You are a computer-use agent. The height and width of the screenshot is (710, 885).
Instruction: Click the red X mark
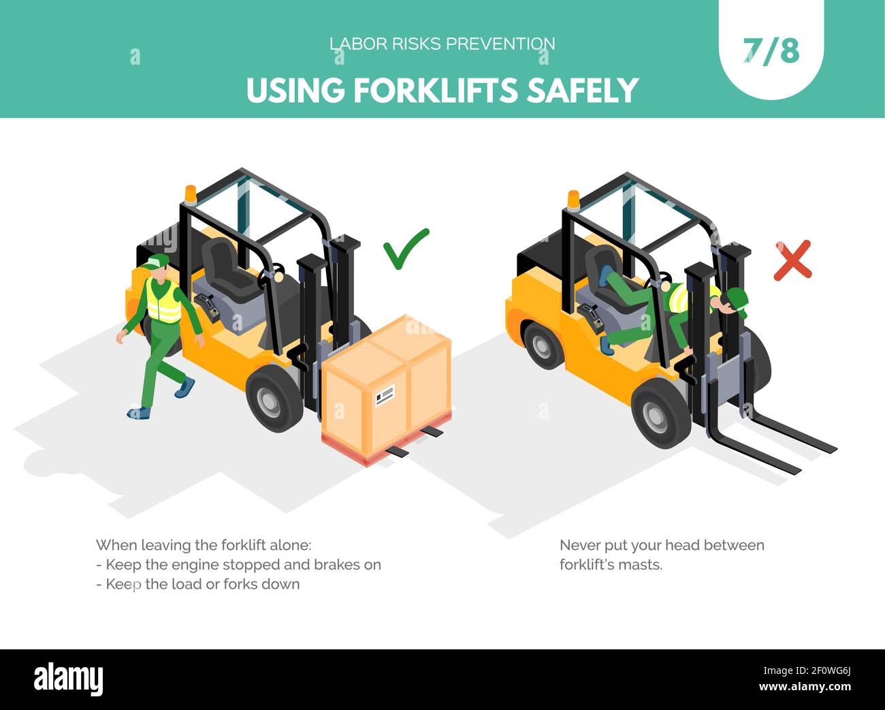792,260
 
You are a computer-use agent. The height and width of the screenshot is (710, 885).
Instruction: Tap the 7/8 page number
771,52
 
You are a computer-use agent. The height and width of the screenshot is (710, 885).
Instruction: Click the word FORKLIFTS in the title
435,91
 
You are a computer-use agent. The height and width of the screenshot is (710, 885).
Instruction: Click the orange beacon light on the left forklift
191,194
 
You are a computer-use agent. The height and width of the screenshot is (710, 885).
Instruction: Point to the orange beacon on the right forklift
573,200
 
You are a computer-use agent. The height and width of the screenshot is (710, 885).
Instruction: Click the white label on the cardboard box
385,395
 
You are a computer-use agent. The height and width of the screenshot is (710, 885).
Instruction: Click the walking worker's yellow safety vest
163,300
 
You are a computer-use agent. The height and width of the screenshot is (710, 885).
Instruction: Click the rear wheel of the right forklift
542,345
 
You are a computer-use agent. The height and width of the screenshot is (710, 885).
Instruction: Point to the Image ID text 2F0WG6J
833,671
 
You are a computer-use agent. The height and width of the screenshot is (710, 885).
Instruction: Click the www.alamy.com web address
805,687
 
